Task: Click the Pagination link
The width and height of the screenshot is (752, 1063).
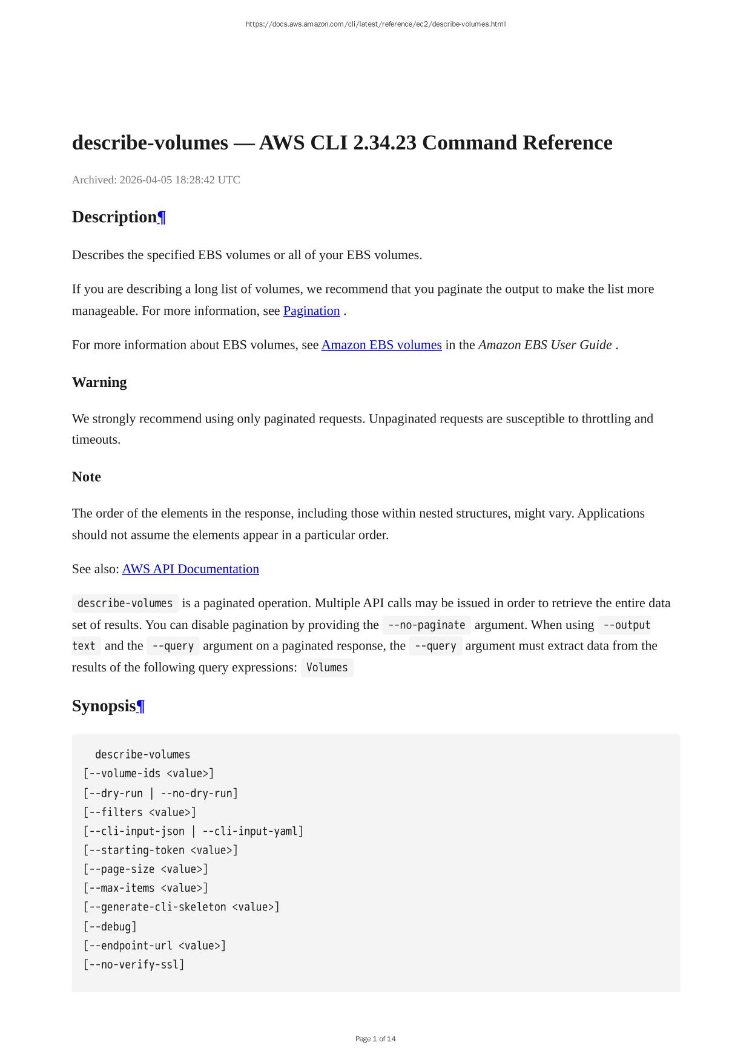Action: pyautogui.click(x=311, y=311)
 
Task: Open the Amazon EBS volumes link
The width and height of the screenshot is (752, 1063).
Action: pyautogui.click(x=381, y=344)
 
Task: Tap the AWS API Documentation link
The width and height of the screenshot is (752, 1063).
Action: pyautogui.click(x=190, y=569)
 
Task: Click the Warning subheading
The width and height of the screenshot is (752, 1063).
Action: pyautogui.click(x=99, y=383)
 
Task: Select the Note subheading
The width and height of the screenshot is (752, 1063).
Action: pyautogui.click(x=87, y=477)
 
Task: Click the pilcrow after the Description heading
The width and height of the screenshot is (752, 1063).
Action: pyautogui.click(x=162, y=217)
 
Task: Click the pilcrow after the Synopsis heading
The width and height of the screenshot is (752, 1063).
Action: pyautogui.click(x=140, y=706)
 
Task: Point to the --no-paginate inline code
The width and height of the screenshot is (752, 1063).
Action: pyautogui.click(x=426, y=625)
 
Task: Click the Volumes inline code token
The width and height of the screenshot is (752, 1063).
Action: pyautogui.click(x=327, y=667)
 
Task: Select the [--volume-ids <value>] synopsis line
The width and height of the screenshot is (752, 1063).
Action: pyautogui.click(x=149, y=774)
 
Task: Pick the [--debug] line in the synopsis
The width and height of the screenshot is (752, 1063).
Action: pyautogui.click(x=110, y=926)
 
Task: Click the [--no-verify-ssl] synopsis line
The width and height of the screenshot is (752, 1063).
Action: pyautogui.click(x=134, y=964)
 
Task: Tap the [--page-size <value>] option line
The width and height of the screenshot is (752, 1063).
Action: pyautogui.click(x=146, y=869)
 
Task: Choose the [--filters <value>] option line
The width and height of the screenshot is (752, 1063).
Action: pyautogui.click(x=140, y=812)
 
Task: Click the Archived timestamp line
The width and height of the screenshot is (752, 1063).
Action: pyautogui.click(x=156, y=180)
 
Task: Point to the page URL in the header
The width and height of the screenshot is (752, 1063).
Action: pyautogui.click(x=375, y=24)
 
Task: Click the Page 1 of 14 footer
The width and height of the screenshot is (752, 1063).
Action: pyautogui.click(x=375, y=1039)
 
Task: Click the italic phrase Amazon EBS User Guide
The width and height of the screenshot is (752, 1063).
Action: pyautogui.click(x=545, y=344)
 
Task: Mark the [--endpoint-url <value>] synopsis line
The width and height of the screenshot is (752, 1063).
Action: pyautogui.click(x=154, y=946)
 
